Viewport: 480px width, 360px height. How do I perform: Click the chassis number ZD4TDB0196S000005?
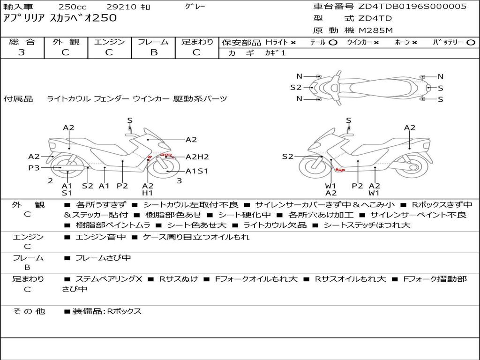(412, 7)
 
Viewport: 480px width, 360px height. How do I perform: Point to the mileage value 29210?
(122, 7)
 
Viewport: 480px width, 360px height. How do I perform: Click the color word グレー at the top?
(195, 7)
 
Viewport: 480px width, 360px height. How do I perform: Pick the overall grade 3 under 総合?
(22, 52)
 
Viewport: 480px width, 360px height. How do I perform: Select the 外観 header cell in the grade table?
(65, 42)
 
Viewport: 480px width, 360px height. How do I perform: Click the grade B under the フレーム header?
(154, 52)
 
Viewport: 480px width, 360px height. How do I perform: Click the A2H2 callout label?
(197, 157)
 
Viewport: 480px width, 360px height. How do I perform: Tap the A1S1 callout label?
(197, 171)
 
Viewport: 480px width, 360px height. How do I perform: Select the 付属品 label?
(18, 99)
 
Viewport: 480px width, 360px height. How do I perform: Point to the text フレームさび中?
(103, 258)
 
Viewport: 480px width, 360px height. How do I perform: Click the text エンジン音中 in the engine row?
(100, 237)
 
